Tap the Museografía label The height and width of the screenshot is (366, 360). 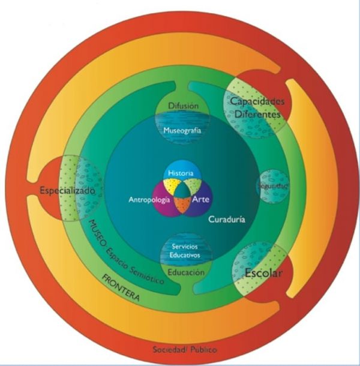click(181, 130)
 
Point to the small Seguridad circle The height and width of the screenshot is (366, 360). click(273, 186)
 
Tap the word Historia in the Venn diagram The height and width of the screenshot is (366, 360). click(181, 173)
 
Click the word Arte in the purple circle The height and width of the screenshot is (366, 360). click(200, 199)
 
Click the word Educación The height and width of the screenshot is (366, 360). click(185, 273)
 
